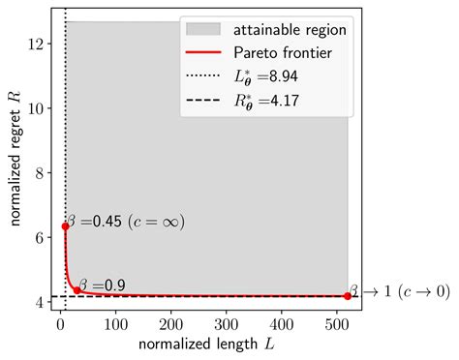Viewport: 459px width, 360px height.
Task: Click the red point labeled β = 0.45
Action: [65, 226]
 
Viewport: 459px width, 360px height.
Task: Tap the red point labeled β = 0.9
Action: [77, 290]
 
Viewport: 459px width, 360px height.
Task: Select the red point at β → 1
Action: [348, 296]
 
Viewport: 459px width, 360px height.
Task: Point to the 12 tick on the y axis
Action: [39, 44]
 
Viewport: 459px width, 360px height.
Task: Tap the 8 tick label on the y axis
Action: [43, 173]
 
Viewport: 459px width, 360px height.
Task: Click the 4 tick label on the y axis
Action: [43, 303]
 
